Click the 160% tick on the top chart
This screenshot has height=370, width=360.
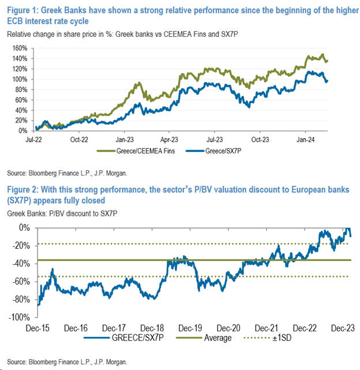tap(21, 48)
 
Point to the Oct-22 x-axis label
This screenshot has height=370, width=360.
tap(78, 139)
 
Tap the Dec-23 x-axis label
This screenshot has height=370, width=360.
tap(343, 327)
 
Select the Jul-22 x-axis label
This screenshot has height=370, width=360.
tap(33, 139)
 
